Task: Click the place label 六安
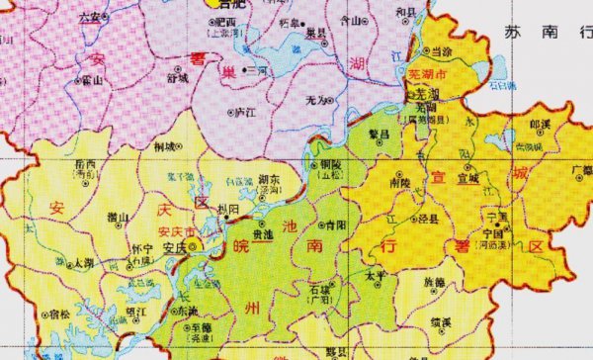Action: (x=90, y=17)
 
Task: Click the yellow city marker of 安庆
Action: (x=196, y=243)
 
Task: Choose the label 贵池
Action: (x=263, y=235)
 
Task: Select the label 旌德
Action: (x=433, y=282)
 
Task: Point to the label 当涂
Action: (x=436, y=49)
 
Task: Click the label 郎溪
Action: (x=541, y=126)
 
